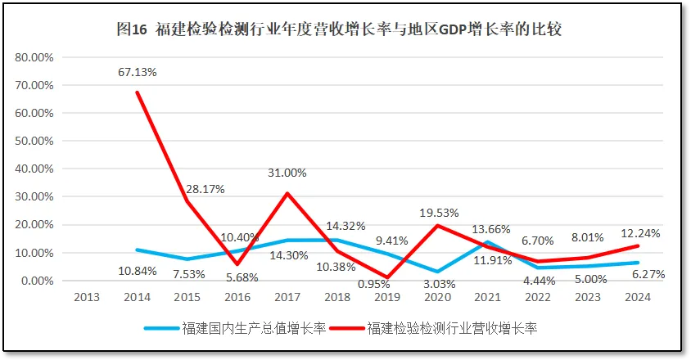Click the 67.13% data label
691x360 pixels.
click(x=138, y=72)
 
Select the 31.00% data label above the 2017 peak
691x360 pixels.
click(x=287, y=173)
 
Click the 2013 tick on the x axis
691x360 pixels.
click(x=87, y=297)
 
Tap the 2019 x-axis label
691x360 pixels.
click(x=389, y=297)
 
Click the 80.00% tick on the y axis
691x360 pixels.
click(x=34, y=58)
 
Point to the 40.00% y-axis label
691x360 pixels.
click(x=34, y=169)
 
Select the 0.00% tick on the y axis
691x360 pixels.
click(x=36, y=281)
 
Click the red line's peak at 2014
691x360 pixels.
click(x=137, y=92)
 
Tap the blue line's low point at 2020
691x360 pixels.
click(x=440, y=272)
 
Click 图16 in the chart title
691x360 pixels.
click(x=131, y=29)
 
